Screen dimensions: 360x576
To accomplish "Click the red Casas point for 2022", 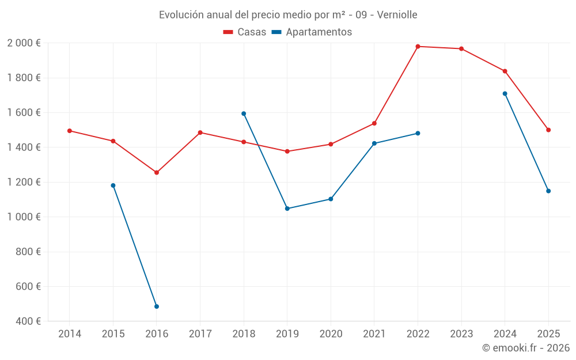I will [418, 47].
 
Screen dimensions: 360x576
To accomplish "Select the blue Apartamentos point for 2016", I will [157, 306].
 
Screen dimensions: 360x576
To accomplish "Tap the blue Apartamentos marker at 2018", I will [244, 113].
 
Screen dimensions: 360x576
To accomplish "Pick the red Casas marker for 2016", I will [157, 172].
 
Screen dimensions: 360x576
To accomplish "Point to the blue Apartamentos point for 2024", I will [505, 93].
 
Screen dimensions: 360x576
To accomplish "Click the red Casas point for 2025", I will [548, 130].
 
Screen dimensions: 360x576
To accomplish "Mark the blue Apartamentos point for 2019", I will [287, 209].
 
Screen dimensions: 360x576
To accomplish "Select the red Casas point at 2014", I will [70, 131].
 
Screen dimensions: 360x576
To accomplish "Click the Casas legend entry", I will [245, 32].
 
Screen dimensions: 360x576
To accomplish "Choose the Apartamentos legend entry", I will [312, 32].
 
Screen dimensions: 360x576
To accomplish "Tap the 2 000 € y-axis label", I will [24, 43].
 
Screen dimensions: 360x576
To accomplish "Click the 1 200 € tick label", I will [24, 182].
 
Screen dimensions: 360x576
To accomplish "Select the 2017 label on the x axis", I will [200, 334].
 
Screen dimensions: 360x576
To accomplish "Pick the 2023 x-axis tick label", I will [461, 334].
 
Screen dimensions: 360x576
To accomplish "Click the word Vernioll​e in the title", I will [397, 15].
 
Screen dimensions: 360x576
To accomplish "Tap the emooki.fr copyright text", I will [525, 348].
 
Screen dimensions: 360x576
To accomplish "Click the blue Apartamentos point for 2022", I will [418, 133].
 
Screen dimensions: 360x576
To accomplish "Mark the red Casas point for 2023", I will [461, 49].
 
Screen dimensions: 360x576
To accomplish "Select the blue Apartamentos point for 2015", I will [113, 185].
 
